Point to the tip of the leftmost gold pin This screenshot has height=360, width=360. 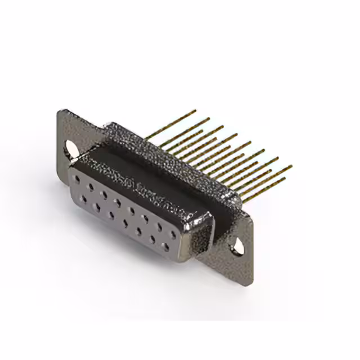pyautogui.click(x=195, y=111)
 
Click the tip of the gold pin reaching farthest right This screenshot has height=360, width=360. pyautogui.click(x=291, y=166)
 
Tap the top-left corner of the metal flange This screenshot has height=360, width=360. pyautogui.click(x=60, y=111)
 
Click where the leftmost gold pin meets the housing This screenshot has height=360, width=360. pyautogui.click(x=147, y=135)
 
